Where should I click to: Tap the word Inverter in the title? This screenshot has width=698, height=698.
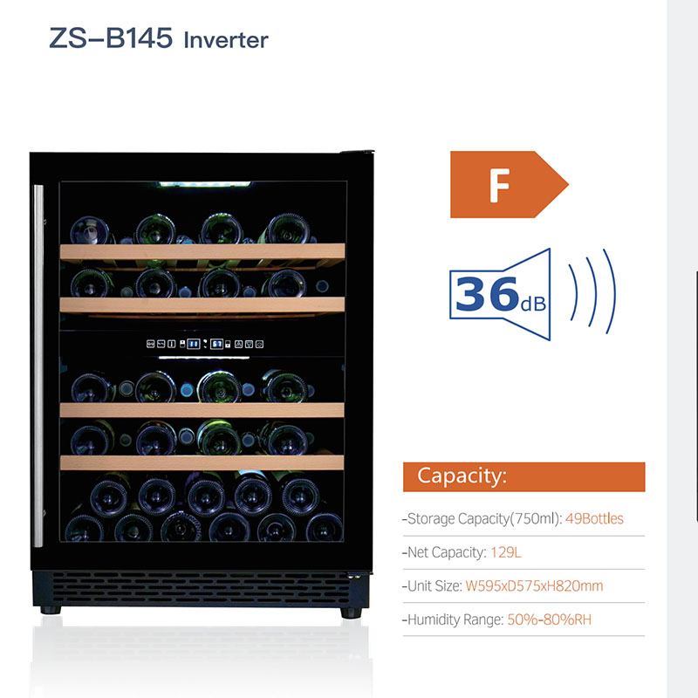(226, 40)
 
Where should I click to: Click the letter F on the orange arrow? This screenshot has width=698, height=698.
(499, 185)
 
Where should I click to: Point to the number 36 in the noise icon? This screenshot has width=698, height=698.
(487, 293)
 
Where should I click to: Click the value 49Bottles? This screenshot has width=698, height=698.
(594, 518)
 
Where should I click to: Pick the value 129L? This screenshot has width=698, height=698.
(506, 552)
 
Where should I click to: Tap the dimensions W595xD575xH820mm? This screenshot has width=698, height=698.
(532, 586)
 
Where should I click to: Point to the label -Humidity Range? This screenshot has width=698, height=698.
(452, 620)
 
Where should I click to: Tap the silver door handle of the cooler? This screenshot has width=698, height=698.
(38, 366)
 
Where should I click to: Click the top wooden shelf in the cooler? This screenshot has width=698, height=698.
(202, 251)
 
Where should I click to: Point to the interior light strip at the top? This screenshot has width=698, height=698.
(202, 185)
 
